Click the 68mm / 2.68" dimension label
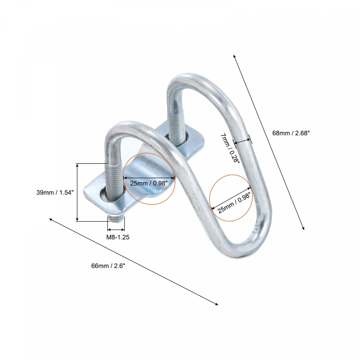point(291,133)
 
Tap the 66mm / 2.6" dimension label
point(108,266)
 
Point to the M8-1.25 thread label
point(118,237)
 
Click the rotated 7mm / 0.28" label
point(230,148)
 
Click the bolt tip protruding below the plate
point(116,219)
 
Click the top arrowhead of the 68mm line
point(234,56)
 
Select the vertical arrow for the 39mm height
point(77,192)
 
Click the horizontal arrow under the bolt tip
point(116,229)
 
